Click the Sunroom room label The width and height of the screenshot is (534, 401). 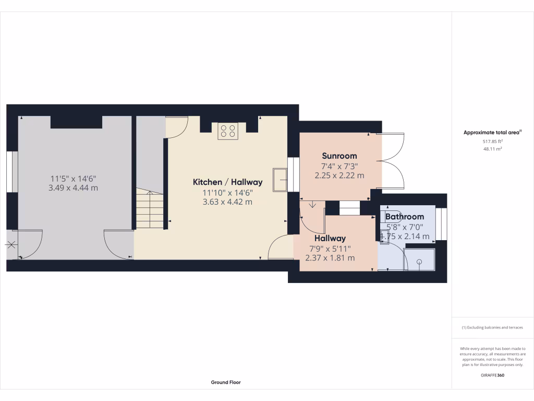[339, 156]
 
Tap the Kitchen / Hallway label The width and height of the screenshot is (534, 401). [227, 182]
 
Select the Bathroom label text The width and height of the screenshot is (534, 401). [404, 216]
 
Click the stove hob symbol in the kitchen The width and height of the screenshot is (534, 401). [227, 131]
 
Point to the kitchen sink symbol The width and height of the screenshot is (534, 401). [279, 180]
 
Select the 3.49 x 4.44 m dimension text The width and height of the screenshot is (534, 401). [73, 188]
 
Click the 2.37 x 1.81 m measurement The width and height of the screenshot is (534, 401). [330, 258]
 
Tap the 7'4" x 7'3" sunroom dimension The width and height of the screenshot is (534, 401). [339, 166]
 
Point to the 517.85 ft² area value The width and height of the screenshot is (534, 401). [492, 141]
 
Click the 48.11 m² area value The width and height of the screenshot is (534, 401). [492, 149]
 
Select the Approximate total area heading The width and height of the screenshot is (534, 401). [492, 133]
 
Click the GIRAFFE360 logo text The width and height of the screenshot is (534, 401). [492, 375]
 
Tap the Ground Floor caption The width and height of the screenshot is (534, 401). [226, 382]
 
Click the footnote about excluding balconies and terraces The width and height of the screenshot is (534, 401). [492, 327]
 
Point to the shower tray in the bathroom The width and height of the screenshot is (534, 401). [419, 259]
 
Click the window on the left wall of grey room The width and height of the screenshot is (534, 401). [12, 172]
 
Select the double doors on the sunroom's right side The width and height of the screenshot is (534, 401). [393, 161]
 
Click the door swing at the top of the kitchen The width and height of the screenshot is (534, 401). [176, 127]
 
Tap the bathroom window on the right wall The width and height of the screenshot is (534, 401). [442, 224]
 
